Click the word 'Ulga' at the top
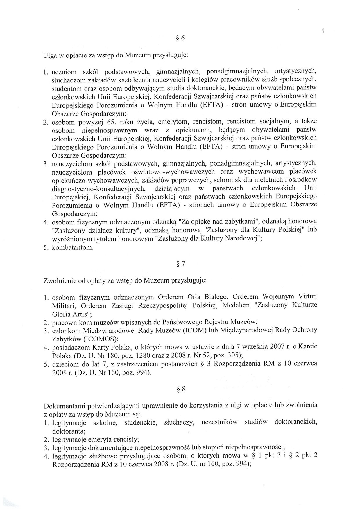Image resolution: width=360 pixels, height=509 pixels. coord(49,55)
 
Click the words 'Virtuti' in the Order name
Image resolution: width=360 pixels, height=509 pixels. coord(307,297)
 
